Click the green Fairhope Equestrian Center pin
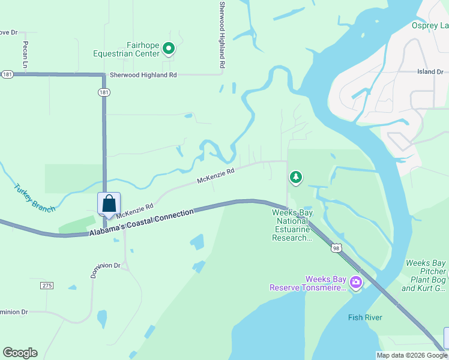coord(169,48)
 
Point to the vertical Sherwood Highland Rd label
coord(222,34)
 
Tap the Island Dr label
coord(430,72)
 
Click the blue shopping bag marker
coord(109,204)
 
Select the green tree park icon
coord(295,178)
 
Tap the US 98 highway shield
coord(335,247)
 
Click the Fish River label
coord(365,317)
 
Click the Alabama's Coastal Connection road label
coord(142,223)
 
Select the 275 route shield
coord(47,286)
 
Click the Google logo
coord(20,353)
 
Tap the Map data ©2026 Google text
coord(412,355)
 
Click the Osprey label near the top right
coord(430,25)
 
